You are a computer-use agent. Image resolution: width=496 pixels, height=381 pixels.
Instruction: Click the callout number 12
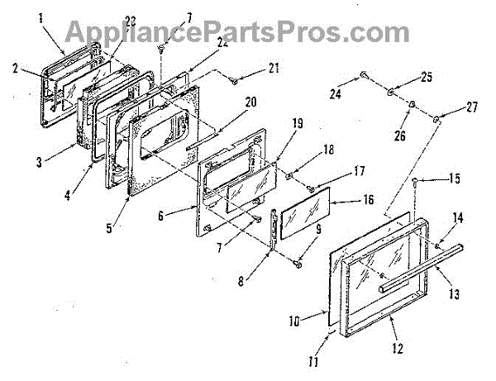(x=399, y=350)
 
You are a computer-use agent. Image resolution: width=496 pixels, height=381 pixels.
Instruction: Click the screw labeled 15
(x=414, y=180)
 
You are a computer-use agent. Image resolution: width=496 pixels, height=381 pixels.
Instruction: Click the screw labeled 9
(x=295, y=263)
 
